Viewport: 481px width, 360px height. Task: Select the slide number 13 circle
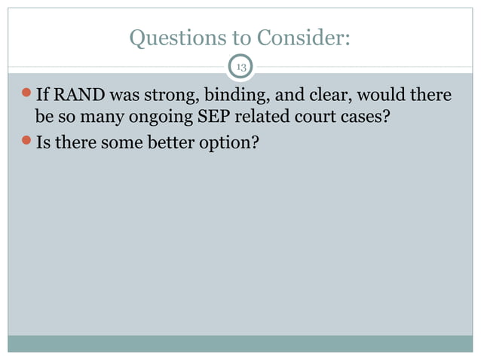tap(241, 68)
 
